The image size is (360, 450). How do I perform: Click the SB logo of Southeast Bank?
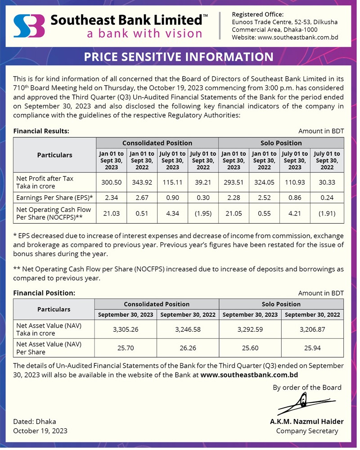point(29,26)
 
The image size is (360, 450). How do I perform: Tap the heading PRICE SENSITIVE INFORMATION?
point(179,57)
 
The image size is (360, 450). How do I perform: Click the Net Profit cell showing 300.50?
point(111,182)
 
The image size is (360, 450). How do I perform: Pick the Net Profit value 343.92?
point(142,182)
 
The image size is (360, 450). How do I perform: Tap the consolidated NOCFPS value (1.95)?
point(203,213)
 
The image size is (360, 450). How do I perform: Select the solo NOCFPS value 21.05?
point(234,213)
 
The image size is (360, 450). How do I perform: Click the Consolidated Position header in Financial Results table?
point(157,143)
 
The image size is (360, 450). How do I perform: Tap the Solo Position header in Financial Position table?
point(281,304)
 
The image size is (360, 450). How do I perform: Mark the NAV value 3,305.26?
point(126,329)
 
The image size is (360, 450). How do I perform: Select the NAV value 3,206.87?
point(312,329)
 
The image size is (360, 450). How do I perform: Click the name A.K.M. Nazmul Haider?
point(306,422)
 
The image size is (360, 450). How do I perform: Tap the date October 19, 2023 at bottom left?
point(40,431)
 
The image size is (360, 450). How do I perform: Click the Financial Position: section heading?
point(44,293)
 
